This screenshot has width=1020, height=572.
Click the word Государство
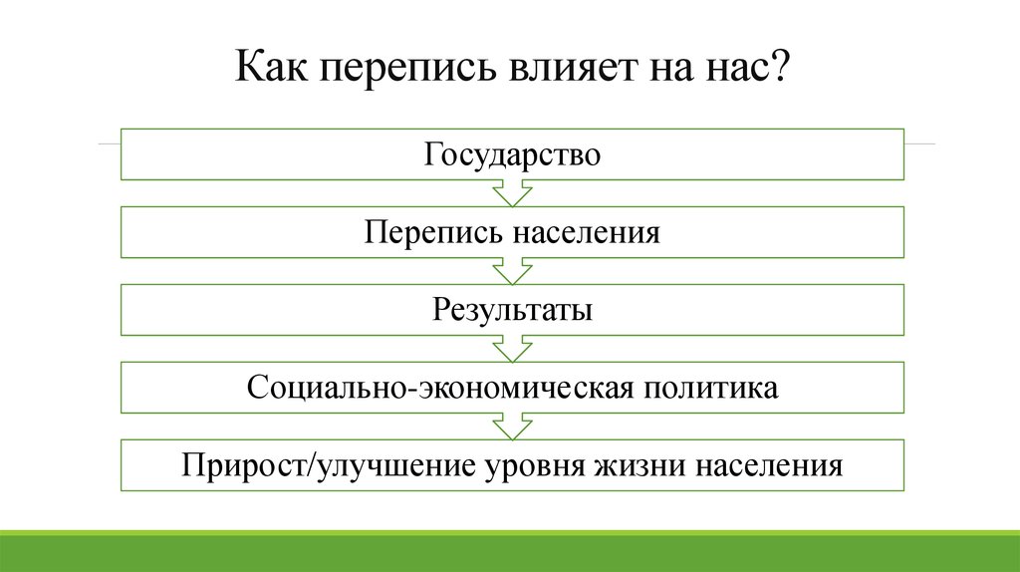[x=513, y=155]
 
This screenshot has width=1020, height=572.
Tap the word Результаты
[x=513, y=310]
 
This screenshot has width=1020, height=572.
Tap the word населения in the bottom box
[x=769, y=465]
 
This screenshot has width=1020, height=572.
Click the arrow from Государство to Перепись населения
[x=513, y=193]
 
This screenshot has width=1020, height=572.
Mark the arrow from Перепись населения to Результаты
[x=513, y=271]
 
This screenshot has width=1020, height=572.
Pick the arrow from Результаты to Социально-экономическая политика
[x=513, y=349]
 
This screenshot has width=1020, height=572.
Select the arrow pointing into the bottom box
[x=513, y=427]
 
